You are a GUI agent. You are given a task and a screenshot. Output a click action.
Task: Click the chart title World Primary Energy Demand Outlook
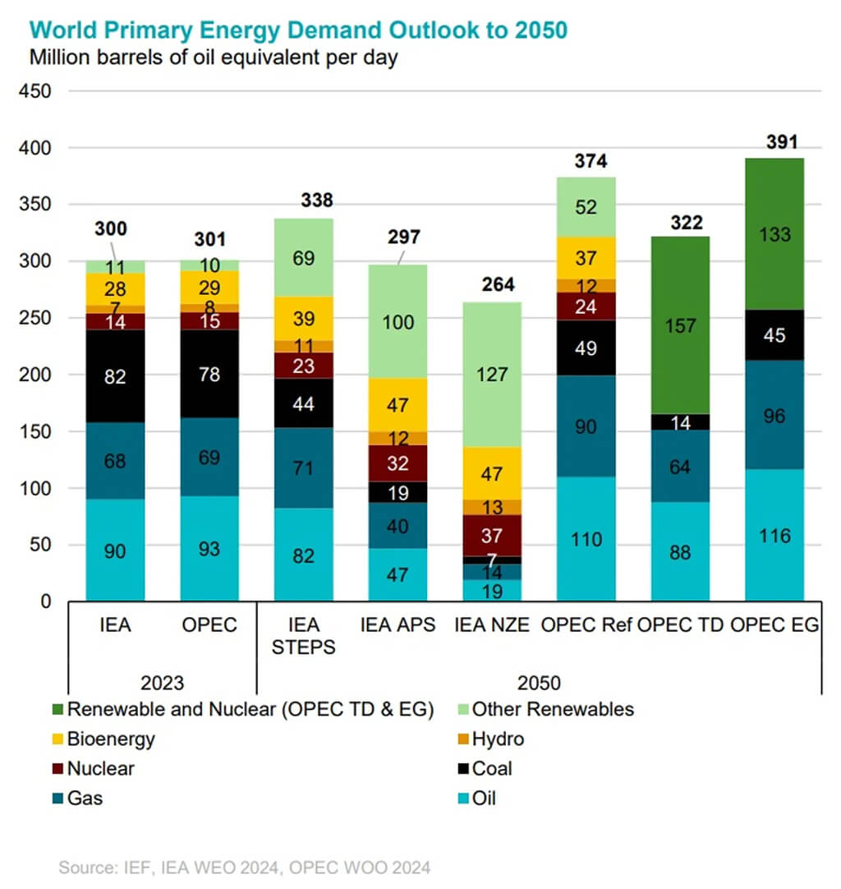click(x=298, y=30)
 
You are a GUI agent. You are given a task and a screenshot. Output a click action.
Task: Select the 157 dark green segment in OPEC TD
click(x=680, y=325)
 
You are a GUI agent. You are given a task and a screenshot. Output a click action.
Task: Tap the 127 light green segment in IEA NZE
click(x=492, y=375)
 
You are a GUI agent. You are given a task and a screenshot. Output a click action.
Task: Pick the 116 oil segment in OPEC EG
click(x=774, y=535)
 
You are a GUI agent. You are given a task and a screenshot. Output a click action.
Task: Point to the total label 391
click(x=781, y=142)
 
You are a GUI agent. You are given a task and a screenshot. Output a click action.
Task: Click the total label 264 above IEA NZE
click(x=498, y=285)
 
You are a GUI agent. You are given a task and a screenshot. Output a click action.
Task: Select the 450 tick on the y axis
click(x=37, y=91)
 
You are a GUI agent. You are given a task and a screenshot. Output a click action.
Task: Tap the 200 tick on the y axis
click(x=37, y=375)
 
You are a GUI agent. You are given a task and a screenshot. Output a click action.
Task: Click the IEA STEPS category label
click(x=303, y=636)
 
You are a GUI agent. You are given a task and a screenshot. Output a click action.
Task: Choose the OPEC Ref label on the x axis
click(x=585, y=625)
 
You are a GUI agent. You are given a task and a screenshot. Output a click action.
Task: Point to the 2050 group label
click(x=539, y=683)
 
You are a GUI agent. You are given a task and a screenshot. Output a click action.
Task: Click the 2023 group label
click(x=162, y=683)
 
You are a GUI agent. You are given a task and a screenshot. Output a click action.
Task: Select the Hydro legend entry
click(x=498, y=739)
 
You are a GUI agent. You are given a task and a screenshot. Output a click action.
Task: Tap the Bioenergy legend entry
click(x=111, y=739)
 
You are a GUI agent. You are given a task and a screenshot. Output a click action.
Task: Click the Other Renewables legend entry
click(x=552, y=709)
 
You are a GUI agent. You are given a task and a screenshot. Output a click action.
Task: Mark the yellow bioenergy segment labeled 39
click(x=304, y=318)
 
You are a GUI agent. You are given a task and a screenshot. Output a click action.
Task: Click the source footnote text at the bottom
click(x=244, y=867)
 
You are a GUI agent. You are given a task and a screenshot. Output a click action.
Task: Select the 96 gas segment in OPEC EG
click(x=774, y=416)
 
